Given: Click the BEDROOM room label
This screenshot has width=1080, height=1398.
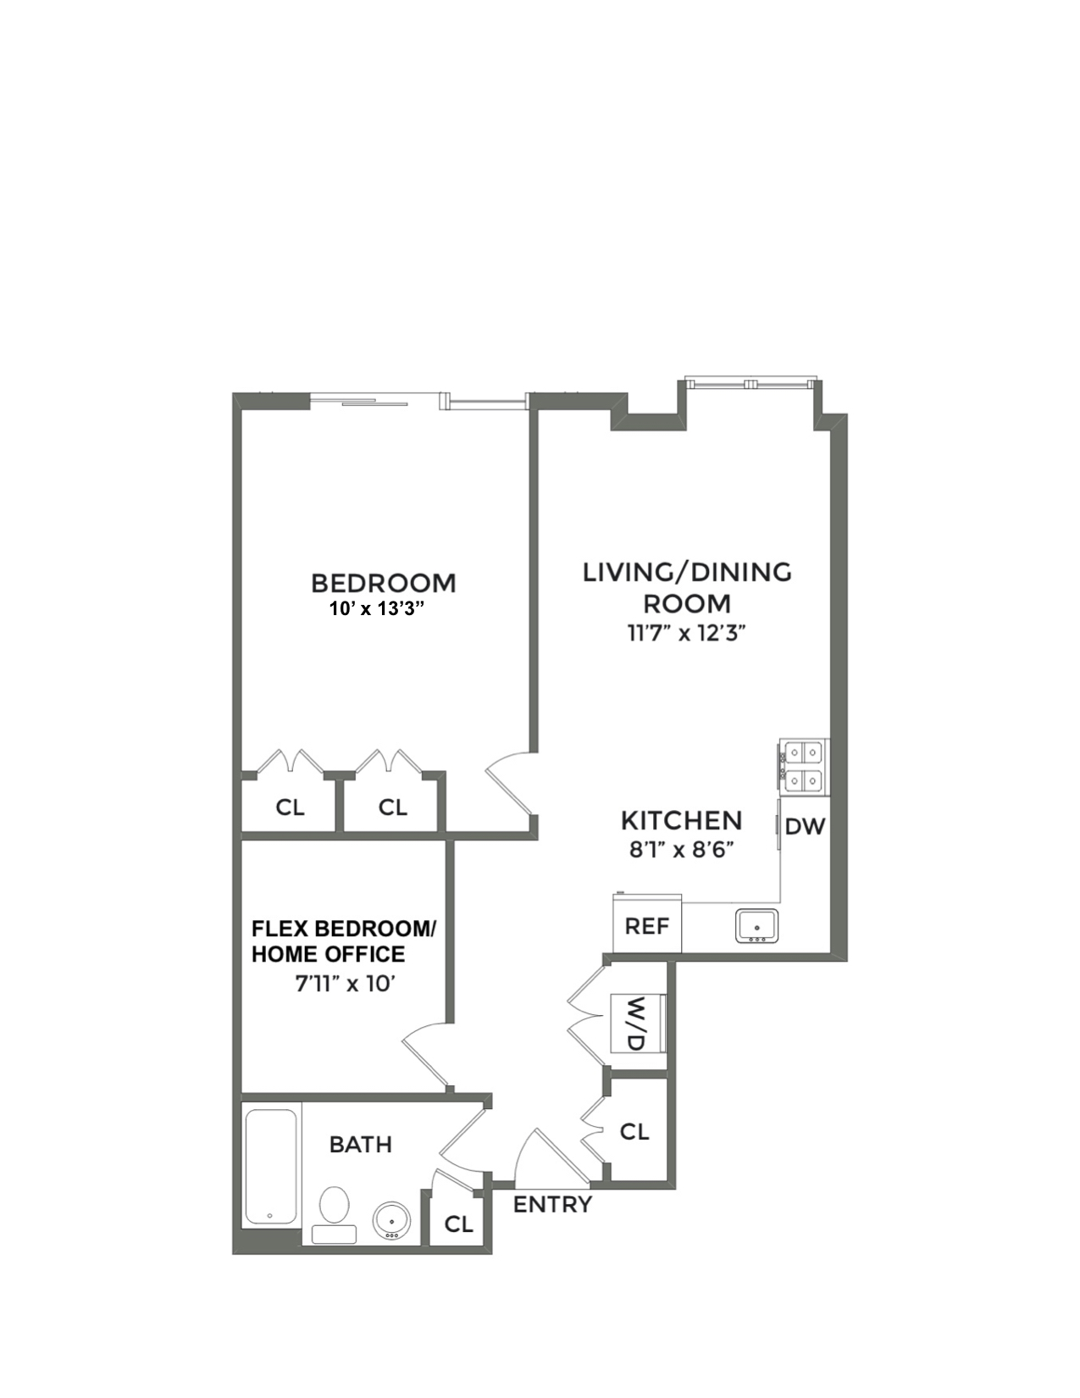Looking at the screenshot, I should (383, 583).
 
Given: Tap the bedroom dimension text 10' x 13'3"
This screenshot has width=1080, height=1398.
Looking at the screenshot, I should (376, 609).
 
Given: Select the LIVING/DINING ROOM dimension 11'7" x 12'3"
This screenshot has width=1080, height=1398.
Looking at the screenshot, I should (686, 633).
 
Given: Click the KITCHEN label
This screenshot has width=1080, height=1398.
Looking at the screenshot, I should (681, 820).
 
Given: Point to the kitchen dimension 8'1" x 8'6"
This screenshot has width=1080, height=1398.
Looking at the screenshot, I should (681, 849).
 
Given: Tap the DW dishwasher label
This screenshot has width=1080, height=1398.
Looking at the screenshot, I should (804, 827).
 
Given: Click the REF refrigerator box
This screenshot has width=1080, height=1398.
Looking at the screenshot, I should (647, 925).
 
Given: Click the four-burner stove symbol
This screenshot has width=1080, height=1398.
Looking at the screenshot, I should (803, 765).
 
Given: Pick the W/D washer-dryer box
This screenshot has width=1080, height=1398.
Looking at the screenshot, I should (637, 1023).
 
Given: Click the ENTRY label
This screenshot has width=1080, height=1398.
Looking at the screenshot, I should (552, 1204).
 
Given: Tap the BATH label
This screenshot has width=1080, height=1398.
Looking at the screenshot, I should (360, 1145).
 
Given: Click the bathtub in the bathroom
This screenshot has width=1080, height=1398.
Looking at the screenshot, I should (271, 1168).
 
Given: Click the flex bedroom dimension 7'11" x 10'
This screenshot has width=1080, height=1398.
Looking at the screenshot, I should (346, 984).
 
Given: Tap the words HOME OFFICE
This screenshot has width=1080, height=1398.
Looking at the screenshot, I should (328, 954).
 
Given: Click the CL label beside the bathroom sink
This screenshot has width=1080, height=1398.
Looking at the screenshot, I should (458, 1223).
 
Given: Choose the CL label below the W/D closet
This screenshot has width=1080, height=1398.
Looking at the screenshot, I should (634, 1131).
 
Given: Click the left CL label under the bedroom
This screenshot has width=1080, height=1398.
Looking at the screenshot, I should (290, 807).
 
